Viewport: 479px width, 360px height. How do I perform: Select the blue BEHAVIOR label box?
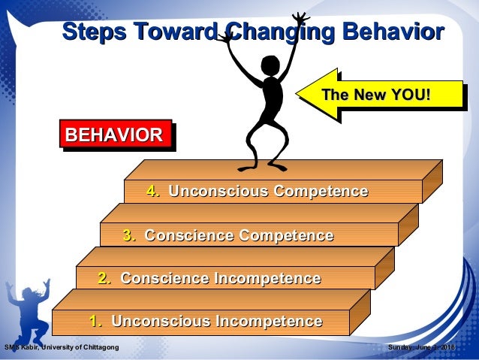pos(113,135)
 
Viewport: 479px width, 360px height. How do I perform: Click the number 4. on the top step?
pos(154,192)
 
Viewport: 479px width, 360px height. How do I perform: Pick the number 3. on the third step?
pos(129,236)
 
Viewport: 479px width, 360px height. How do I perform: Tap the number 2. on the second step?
pos(105,279)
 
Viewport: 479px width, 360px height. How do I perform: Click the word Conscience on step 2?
pos(164,279)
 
